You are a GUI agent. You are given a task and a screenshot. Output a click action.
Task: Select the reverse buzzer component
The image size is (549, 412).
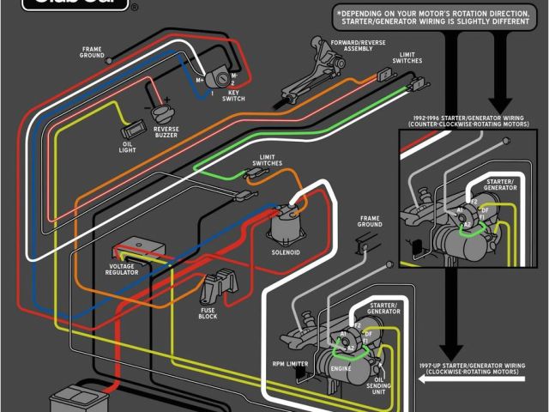pos(162,111)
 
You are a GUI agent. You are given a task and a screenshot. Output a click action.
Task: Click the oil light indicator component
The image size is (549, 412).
pos(131,131)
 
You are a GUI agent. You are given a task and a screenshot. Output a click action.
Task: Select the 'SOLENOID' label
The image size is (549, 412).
pos(287,252)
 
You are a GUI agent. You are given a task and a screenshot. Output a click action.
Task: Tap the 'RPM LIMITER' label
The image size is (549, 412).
pos(289,363)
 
